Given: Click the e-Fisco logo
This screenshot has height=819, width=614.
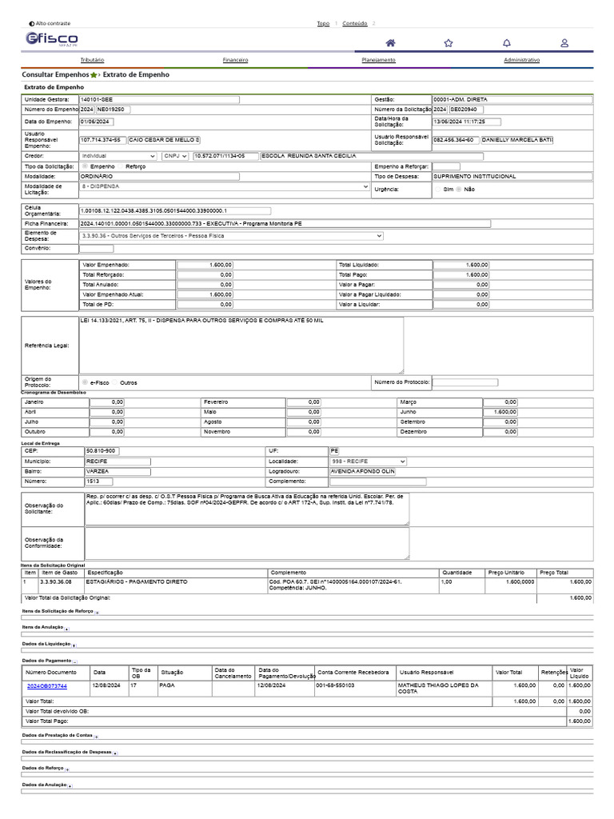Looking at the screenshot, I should (x=52, y=40).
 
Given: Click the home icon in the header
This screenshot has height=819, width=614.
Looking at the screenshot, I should (x=390, y=42).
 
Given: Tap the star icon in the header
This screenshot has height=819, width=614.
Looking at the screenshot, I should (x=449, y=42).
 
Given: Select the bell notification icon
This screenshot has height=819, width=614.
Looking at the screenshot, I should (x=507, y=42).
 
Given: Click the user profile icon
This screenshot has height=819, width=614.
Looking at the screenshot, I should (x=564, y=42).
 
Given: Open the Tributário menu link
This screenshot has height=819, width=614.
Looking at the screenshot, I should (x=92, y=60).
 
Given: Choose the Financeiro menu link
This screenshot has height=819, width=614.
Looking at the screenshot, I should (x=235, y=60).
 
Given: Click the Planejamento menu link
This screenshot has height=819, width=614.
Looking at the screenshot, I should (x=378, y=60).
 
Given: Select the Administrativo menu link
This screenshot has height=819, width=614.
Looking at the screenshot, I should (x=521, y=60).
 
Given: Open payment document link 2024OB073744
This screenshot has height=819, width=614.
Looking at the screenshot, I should (x=46, y=686).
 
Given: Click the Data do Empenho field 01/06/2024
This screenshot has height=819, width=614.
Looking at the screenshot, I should (x=98, y=122).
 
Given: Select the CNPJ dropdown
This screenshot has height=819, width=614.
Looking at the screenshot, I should (x=175, y=156).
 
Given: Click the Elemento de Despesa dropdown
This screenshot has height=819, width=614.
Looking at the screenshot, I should (x=231, y=236).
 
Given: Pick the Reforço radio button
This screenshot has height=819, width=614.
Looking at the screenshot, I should (x=121, y=166).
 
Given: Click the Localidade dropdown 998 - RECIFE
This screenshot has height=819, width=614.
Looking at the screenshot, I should (x=369, y=461).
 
